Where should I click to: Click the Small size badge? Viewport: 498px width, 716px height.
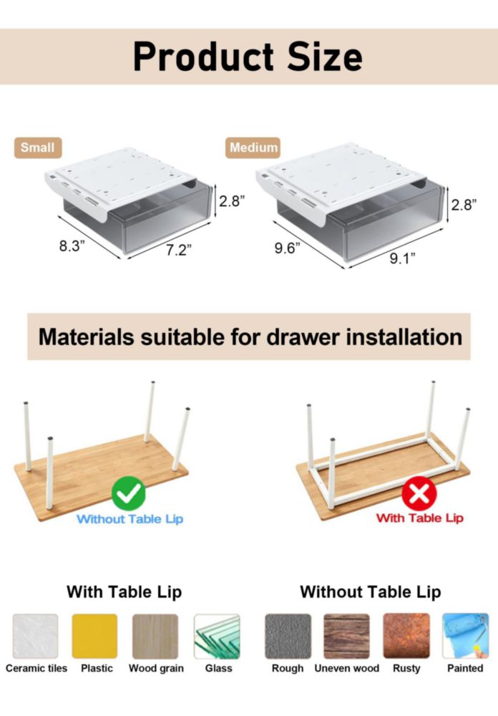(x=38, y=147)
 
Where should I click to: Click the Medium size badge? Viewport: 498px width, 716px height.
(x=253, y=147)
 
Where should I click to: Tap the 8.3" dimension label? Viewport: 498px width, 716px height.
(x=72, y=246)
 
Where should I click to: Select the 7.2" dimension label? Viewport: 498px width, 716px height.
(x=178, y=250)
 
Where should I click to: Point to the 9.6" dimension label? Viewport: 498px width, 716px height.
(x=287, y=248)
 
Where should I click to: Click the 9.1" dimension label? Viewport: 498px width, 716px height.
(x=402, y=259)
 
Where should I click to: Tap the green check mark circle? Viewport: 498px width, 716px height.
(x=129, y=493)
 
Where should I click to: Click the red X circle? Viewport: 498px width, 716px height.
(x=419, y=493)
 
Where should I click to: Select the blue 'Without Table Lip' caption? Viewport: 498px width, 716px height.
(x=130, y=519)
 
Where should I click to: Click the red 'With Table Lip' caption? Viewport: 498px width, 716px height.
(x=419, y=518)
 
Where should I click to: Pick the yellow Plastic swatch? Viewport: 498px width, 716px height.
(x=94, y=636)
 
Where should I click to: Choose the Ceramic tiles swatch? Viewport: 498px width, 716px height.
(x=36, y=636)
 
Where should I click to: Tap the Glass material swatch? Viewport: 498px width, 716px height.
(x=217, y=636)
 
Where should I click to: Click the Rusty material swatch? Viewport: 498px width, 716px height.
(x=406, y=636)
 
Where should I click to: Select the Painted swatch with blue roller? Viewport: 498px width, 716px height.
(x=466, y=636)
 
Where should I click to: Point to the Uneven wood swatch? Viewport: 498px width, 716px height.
(x=346, y=636)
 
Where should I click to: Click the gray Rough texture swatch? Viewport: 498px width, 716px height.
(x=288, y=636)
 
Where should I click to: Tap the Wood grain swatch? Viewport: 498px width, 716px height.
(x=155, y=636)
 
